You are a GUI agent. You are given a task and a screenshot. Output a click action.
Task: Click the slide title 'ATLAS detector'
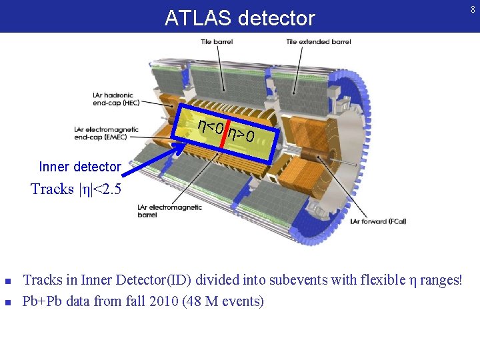pos(239,18)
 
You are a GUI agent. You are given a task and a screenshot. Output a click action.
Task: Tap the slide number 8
pos(472,9)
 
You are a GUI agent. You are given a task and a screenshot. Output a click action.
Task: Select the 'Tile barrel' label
pos(217,42)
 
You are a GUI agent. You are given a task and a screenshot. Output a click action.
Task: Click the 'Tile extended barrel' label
pos(318,42)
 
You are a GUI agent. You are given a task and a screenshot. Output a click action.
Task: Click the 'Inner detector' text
pos(80,167)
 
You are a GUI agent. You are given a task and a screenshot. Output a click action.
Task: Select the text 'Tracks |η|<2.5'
pos(76,189)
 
